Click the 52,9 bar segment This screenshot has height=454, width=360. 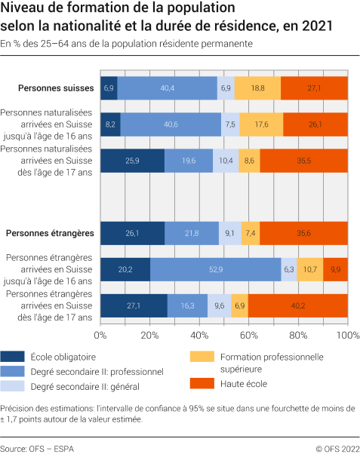click(216, 269)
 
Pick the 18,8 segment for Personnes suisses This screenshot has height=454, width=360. click(257, 88)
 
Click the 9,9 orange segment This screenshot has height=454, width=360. click(335, 269)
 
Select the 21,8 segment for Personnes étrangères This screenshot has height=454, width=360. click(192, 234)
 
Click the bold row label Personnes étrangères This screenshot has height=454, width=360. click(50, 234)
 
